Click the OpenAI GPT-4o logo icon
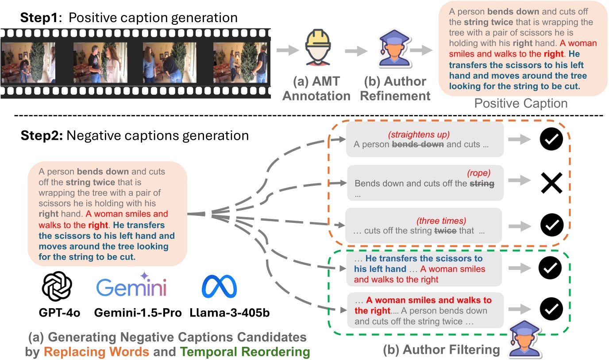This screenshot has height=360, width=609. (x=57, y=287)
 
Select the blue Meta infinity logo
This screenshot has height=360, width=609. (x=219, y=287)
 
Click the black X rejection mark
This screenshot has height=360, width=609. (x=551, y=182)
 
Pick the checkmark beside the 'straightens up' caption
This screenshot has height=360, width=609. (x=551, y=140)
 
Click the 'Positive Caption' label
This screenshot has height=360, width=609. (x=521, y=104)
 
